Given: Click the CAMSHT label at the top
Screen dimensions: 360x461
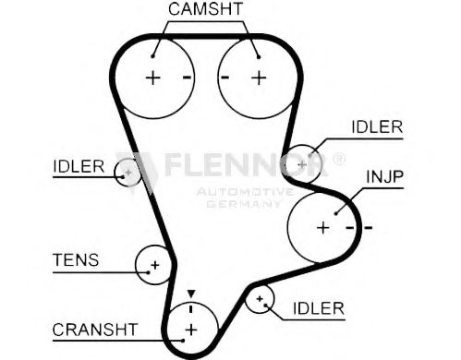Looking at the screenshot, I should (x=205, y=10).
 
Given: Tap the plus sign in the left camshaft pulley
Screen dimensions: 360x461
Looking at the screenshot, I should (x=153, y=78).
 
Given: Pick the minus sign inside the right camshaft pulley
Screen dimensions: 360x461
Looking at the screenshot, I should (x=225, y=78).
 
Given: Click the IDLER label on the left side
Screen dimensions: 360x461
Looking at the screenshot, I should (x=79, y=166).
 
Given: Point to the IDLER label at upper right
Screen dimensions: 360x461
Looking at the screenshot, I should (x=377, y=127).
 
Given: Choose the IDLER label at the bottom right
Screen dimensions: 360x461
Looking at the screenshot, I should (x=318, y=307).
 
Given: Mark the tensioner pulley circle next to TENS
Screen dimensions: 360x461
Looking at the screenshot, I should (x=154, y=266).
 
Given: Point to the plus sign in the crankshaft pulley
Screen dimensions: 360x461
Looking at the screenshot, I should (x=191, y=330).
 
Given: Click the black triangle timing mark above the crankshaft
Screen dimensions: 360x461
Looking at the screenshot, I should (x=191, y=294).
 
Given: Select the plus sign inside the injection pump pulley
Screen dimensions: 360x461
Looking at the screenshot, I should (x=322, y=226).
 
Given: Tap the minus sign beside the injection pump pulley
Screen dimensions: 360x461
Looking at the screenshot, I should (x=368, y=226).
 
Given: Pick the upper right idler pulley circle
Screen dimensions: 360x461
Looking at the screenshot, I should (x=300, y=159).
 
